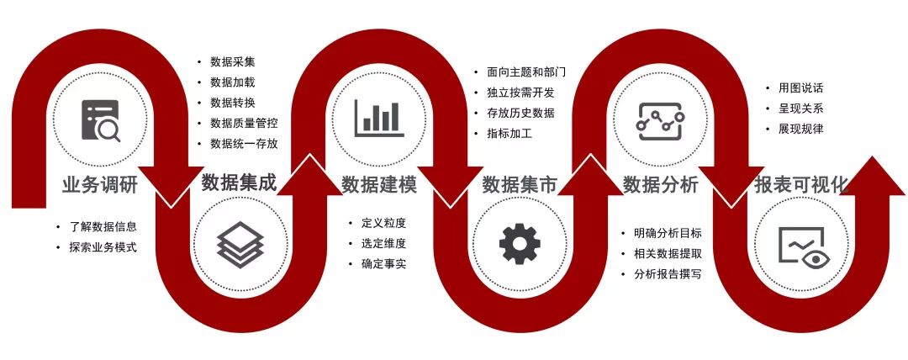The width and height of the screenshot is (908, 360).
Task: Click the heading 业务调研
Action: (99, 184)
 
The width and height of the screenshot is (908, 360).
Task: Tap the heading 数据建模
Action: (379, 184)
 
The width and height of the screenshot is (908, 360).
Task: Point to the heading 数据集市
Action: (520, 184)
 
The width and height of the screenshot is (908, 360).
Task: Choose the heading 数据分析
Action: (661, 184)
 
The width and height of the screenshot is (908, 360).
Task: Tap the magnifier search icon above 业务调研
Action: (101, 120)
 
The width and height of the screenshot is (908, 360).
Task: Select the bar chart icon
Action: (379, 118)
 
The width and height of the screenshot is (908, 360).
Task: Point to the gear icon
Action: (520, 245)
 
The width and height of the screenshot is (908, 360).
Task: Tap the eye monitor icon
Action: (801, 246)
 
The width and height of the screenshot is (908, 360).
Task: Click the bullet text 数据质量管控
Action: (244, 124)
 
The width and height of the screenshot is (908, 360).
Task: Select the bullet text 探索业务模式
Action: (102, 247)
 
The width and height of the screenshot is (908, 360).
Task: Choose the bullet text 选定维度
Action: (383, 244)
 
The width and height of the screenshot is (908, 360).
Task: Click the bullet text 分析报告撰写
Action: (668, 274)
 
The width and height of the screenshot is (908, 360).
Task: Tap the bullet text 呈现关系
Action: (794, 109)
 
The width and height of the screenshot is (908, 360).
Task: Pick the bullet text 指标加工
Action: (509, 133)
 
